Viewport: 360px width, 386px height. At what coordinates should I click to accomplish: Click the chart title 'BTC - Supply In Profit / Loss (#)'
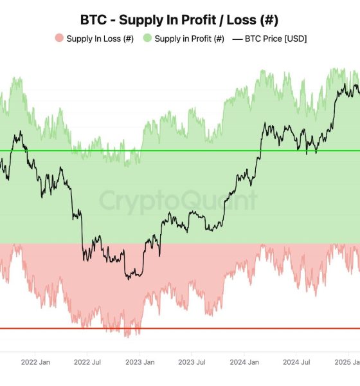tap(179, 19)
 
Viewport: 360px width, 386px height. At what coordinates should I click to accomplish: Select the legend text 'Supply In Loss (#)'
tap(100, 39)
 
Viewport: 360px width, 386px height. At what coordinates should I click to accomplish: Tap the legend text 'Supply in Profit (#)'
tap(190, 39)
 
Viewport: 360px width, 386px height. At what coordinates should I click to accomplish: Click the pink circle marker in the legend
tap(59, 39)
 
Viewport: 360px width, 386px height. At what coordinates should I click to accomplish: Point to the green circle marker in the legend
tap(147, 39)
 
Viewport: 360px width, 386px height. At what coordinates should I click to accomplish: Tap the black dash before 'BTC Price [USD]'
tap(237, 39)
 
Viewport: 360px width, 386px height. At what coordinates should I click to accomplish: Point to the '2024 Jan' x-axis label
tap(244, 362)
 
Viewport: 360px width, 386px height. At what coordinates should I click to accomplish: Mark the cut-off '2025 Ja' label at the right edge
tap(348, 362)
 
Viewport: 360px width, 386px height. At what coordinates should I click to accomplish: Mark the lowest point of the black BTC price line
tap(129, 278)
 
